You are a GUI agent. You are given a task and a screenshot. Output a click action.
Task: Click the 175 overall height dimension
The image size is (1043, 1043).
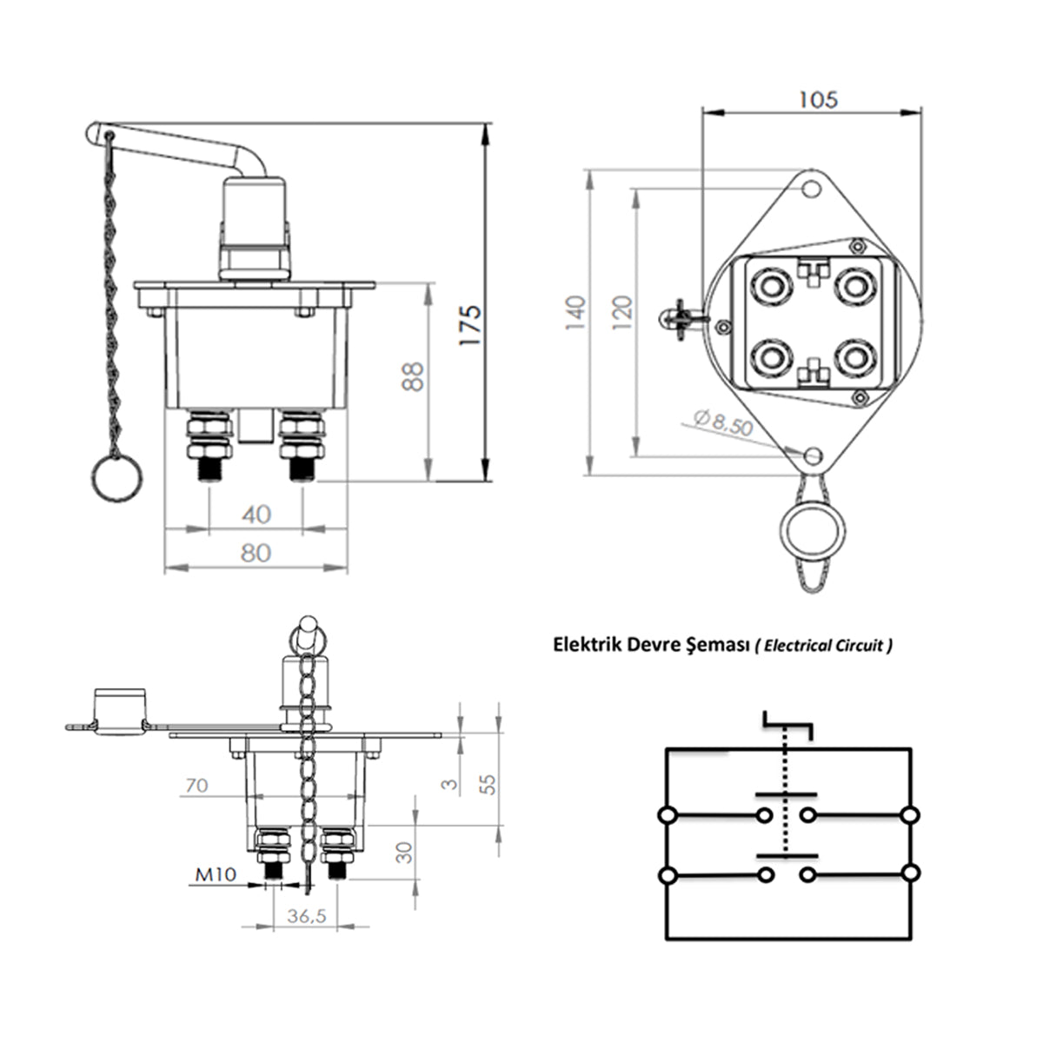[469, 326]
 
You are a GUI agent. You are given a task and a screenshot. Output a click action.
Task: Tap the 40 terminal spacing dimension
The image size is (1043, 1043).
[256, 515]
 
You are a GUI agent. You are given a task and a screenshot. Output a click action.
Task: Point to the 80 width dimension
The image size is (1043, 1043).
[256, 553]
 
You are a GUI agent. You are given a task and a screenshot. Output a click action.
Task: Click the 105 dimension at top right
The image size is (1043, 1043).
[818, 100]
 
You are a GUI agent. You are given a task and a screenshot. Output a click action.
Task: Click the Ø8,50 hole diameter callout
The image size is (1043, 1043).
[724, 425]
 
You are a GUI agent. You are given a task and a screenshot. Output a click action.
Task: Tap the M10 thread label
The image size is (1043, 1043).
[214, 875]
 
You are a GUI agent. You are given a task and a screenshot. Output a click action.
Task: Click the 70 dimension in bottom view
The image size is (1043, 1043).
[196, 787]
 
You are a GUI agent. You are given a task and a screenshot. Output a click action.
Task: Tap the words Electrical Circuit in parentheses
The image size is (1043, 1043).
[823, 646]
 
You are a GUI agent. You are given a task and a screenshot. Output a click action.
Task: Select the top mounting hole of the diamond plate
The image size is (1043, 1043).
[812, 188]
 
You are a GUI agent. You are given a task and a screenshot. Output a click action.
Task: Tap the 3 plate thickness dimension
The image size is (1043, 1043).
[448, 783]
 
